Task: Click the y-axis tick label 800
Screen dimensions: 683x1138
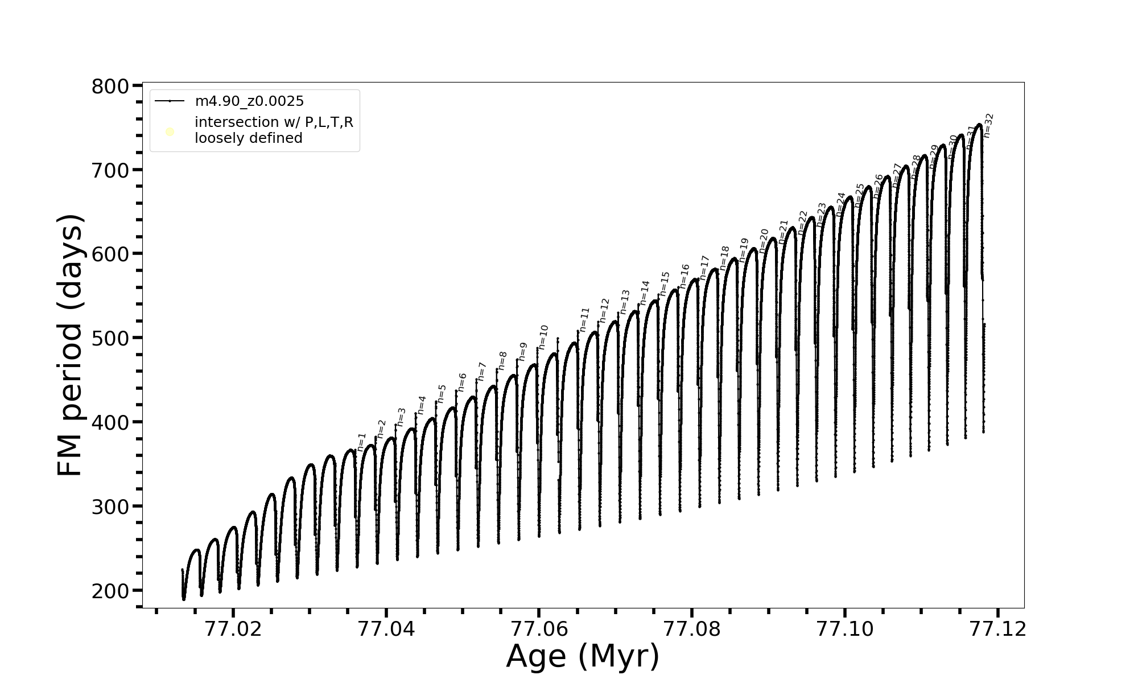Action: pyautogui.click(x=110, y=87)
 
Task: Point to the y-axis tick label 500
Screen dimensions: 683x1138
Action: pyautogui.click(x=110, y=339)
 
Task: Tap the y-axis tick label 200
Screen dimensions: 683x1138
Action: pyautogui.click(x=110, y=591)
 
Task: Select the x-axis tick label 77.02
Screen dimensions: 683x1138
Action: pyautogui.click(x=233, y=629)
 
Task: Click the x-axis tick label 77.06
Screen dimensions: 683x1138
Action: pyautogui.click(x=539, y=629)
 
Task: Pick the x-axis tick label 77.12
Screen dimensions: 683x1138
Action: pyautogui.click(x=997, y=629)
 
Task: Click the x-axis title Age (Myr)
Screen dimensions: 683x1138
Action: pyautogui.click(x=583, y=657)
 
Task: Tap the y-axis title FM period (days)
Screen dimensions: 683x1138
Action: pyautogui.click(x=71, y=345)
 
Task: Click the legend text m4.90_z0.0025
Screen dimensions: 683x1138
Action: pyautogui.click(x=249, y=101)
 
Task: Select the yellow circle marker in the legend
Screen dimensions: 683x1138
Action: pyautogui.click(x=170, y=132)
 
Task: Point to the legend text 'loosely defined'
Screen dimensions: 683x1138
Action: pyautogui.click(x=249, y=138)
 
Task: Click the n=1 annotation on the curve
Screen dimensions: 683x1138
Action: pyautogui.click(x=362, y=442)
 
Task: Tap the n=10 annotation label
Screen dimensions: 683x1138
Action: pyautogui.click(x=543, y=337)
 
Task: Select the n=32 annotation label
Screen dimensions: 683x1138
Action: pyautogui.click(x=988, y=126)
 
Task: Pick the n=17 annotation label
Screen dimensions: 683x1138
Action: pyautogui.click(x=704, y=268)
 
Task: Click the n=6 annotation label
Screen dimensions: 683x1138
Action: pyautogui.click(x=462, y=382)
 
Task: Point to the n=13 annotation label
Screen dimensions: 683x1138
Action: pyautogui.click(x=625, y=302)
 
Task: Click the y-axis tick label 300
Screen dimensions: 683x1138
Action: pyautogui.click(x=110, y=507)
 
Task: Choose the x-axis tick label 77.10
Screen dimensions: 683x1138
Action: pyautogui.click(x=844, y=629)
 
